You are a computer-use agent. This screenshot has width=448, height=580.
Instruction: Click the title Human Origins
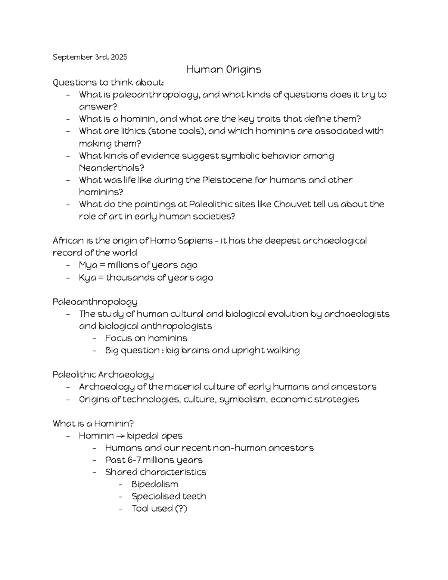point(224,69)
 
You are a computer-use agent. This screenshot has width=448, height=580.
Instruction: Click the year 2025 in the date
point(119,57)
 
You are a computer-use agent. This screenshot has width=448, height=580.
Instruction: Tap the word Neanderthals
point(106,168)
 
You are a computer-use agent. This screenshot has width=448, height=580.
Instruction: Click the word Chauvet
point(291,204)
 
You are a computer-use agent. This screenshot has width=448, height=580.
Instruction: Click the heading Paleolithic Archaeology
point(103,374)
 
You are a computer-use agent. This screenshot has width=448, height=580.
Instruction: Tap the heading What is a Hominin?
point(93,424)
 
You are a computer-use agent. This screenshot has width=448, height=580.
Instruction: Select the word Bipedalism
point(155,484)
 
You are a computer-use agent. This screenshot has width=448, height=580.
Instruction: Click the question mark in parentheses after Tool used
point(181,508)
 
